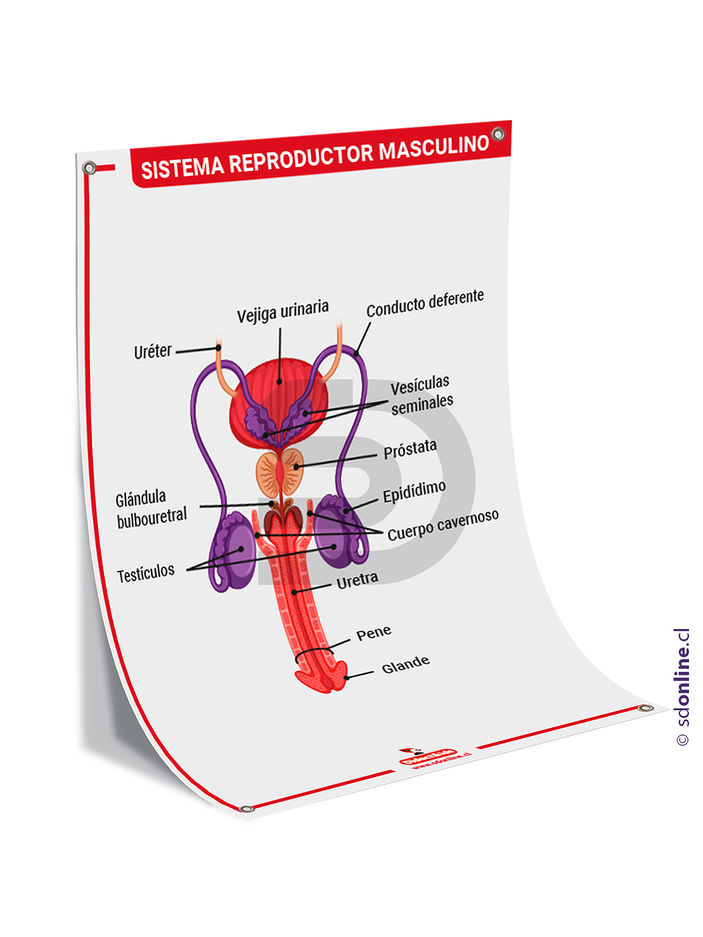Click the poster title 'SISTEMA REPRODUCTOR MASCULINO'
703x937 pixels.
(315, 156)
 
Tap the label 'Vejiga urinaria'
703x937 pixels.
(283, 312)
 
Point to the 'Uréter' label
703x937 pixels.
(153, 351)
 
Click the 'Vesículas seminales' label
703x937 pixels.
(422, 394)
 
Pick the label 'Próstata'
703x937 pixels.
(410, 449)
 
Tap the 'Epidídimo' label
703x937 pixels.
(414, 491)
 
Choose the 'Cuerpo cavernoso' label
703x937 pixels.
(443, 524)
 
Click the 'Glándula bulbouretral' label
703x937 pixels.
(151, 508)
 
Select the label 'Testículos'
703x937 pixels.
(146, 572)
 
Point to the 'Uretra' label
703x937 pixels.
(357, 580)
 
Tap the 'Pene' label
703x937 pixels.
(374, 633)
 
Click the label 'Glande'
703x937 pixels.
(405, 664)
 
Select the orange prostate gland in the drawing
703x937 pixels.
(280, 474)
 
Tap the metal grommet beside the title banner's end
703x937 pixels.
(498, 134)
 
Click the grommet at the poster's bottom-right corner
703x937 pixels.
(646, 708)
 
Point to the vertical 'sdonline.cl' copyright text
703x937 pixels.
(682, 687)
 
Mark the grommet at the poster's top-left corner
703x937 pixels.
(89, 168)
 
